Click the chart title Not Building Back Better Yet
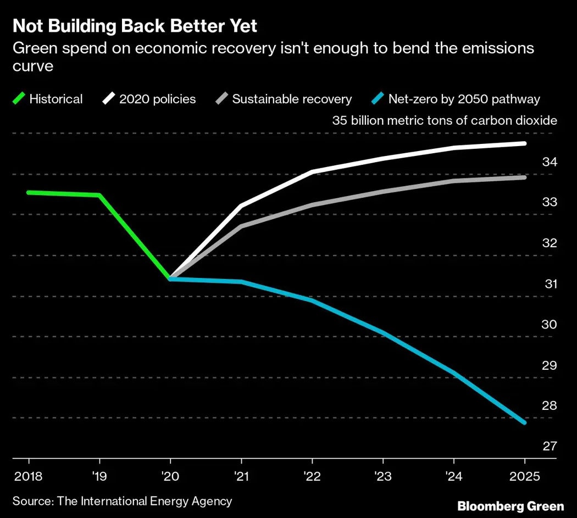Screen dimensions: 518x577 [x=135, y=26]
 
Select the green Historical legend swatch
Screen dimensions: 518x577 [x=19, y=99]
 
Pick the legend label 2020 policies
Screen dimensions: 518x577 [x=157, y=99]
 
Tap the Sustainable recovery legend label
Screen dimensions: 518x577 [x=292, y=99]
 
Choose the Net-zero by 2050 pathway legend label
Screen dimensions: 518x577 [x=464, y=99]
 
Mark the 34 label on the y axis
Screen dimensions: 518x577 [x=550, y=162]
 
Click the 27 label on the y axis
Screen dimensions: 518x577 [x=550, y=446]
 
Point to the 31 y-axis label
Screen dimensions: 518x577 [x=550, y=284]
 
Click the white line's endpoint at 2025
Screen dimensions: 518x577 [x=524, y=143]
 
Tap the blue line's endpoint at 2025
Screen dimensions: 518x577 [x=524, y=422]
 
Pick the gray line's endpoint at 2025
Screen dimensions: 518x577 [x=524, y=177]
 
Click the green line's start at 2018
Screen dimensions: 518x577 [x=29, y=192]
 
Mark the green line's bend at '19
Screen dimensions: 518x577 [x=99, y=195]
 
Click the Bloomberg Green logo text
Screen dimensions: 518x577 [x=511, y=506]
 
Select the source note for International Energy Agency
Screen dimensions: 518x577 [x=122, y=501]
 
